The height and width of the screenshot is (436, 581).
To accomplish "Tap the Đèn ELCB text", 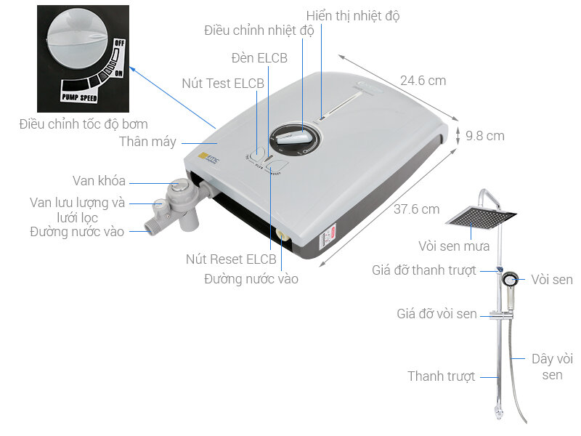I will (259, 57).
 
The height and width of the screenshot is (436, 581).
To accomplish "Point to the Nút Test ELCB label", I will (223, 84).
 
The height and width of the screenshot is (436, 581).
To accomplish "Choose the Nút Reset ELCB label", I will (231, 259).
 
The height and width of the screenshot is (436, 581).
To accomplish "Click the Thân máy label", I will (147, 142).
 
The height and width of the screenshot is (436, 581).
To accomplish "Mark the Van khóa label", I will (99, 181).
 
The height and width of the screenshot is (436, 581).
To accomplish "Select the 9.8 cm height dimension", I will (484, 136).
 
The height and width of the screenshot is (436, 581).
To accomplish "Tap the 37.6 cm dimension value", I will (416, 209).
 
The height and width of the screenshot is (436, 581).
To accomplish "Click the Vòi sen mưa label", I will (452, 246).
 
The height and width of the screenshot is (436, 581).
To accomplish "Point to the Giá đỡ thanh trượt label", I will (424, 270).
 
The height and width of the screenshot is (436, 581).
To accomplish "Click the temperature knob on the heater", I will (293, 137).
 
